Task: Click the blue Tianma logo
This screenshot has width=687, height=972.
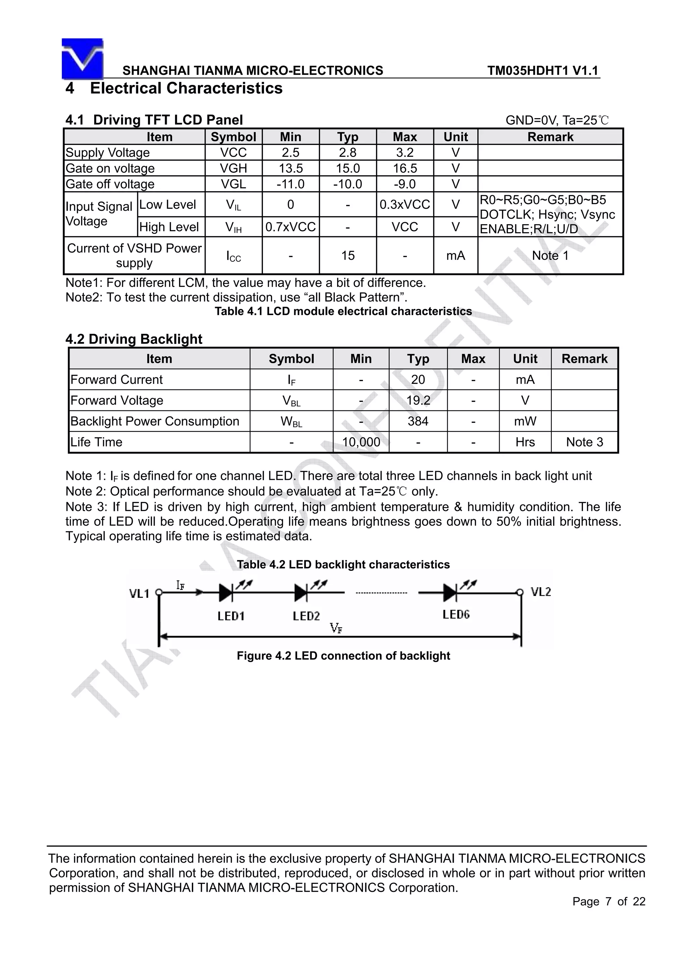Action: pos(83,59)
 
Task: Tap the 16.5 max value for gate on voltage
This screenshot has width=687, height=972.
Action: pos(405,168)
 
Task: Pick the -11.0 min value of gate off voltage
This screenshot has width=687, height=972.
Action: pos(290,184)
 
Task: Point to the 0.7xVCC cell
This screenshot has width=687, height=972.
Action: pos(290,227)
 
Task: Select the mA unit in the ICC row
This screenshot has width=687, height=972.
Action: pos(456,256)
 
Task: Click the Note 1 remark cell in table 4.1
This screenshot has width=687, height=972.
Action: pos(550,256)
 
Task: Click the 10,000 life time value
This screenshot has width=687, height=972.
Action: pos(361,442)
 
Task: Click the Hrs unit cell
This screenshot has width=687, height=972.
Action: pos(525,442)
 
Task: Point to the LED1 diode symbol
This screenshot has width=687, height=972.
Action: pos(226,593)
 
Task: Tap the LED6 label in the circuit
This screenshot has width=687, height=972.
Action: pos(456,615)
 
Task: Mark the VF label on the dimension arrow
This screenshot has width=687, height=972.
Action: pos(336,628)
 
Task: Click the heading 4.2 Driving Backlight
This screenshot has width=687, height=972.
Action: pos(134,339)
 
